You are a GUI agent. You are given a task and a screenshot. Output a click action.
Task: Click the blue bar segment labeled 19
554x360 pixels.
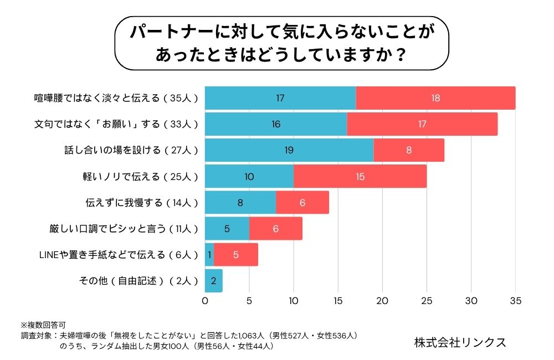point(289,150)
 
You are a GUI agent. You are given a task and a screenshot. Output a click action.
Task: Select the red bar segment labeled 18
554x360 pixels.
point(435,98)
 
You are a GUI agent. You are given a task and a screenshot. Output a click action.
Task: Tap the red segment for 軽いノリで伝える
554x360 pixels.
point(360,176)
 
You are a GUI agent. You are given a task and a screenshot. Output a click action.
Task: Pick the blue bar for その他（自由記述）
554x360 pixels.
point(214,281)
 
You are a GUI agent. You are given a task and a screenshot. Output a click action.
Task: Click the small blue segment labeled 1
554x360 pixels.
point(209,255)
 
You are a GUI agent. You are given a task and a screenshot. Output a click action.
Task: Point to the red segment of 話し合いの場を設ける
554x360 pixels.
point(409,150)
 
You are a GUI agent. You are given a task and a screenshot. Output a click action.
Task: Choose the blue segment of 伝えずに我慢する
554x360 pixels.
point(240,202)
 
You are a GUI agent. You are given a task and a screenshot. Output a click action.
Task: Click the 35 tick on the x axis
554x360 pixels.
point(515,301)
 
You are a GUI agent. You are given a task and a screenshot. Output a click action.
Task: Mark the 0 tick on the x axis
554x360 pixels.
point(205,301)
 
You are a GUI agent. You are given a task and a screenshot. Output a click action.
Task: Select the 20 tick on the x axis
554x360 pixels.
point(382,301)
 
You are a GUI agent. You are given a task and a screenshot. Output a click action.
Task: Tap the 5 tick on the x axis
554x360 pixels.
point(249,301)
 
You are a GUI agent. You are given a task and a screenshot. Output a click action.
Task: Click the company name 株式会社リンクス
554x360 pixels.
point(460,342)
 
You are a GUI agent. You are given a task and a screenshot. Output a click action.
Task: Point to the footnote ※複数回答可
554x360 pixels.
point(43,324)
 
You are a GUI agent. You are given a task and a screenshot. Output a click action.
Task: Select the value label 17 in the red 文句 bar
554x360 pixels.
point(422,124)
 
